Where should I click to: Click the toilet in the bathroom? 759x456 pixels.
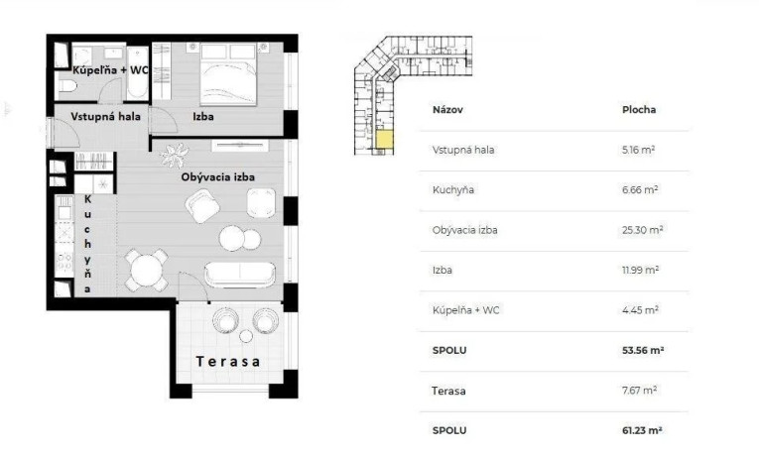(x=67, y=86)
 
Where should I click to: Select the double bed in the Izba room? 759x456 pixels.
(x=228, y=74)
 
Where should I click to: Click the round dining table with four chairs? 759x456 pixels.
(x=146, y=270)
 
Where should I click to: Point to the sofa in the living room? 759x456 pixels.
(x=240, y=275)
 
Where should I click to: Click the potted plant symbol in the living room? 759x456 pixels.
(x=175, y=156)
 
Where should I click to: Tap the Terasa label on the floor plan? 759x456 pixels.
(x=228, y=361)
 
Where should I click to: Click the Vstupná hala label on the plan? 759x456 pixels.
(x=105, y=117)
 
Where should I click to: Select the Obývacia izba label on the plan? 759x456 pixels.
(x=218, y=177)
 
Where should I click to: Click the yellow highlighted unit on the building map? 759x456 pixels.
(x=385, y=140)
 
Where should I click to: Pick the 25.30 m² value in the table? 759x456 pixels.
(x=642, y=230)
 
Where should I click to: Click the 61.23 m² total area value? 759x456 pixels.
(x=642, y=430)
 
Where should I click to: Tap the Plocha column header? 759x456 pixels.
(x=639, y=110)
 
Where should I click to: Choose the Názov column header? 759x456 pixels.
(x=447, y=110)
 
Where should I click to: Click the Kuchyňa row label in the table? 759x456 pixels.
(x=453, y=189)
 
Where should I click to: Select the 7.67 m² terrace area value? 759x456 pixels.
(x=639, y=390)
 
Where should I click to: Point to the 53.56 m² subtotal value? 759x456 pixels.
(x=643, y=350)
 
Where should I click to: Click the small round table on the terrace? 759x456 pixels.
(x=246, y=336)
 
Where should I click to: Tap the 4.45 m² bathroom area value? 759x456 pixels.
(x=640, y=309)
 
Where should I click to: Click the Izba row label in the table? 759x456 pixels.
(x=443, y=270)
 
